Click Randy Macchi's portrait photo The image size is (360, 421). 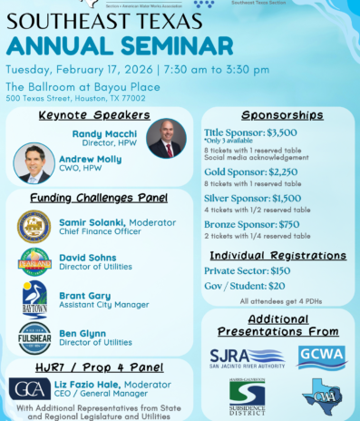pyautogui.click(x=165, y=138)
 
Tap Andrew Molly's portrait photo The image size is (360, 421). pyautogui.click(x=34, y=163)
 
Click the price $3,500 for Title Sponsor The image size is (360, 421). pyautogui.click(x=281, y=132)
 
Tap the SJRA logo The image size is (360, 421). pyautogui.click(x=247, y=357)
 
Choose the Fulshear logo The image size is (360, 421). pyautogui.click(x=34, y=338)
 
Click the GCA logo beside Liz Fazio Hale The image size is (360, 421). pyautogui.click(x=30, y=389)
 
